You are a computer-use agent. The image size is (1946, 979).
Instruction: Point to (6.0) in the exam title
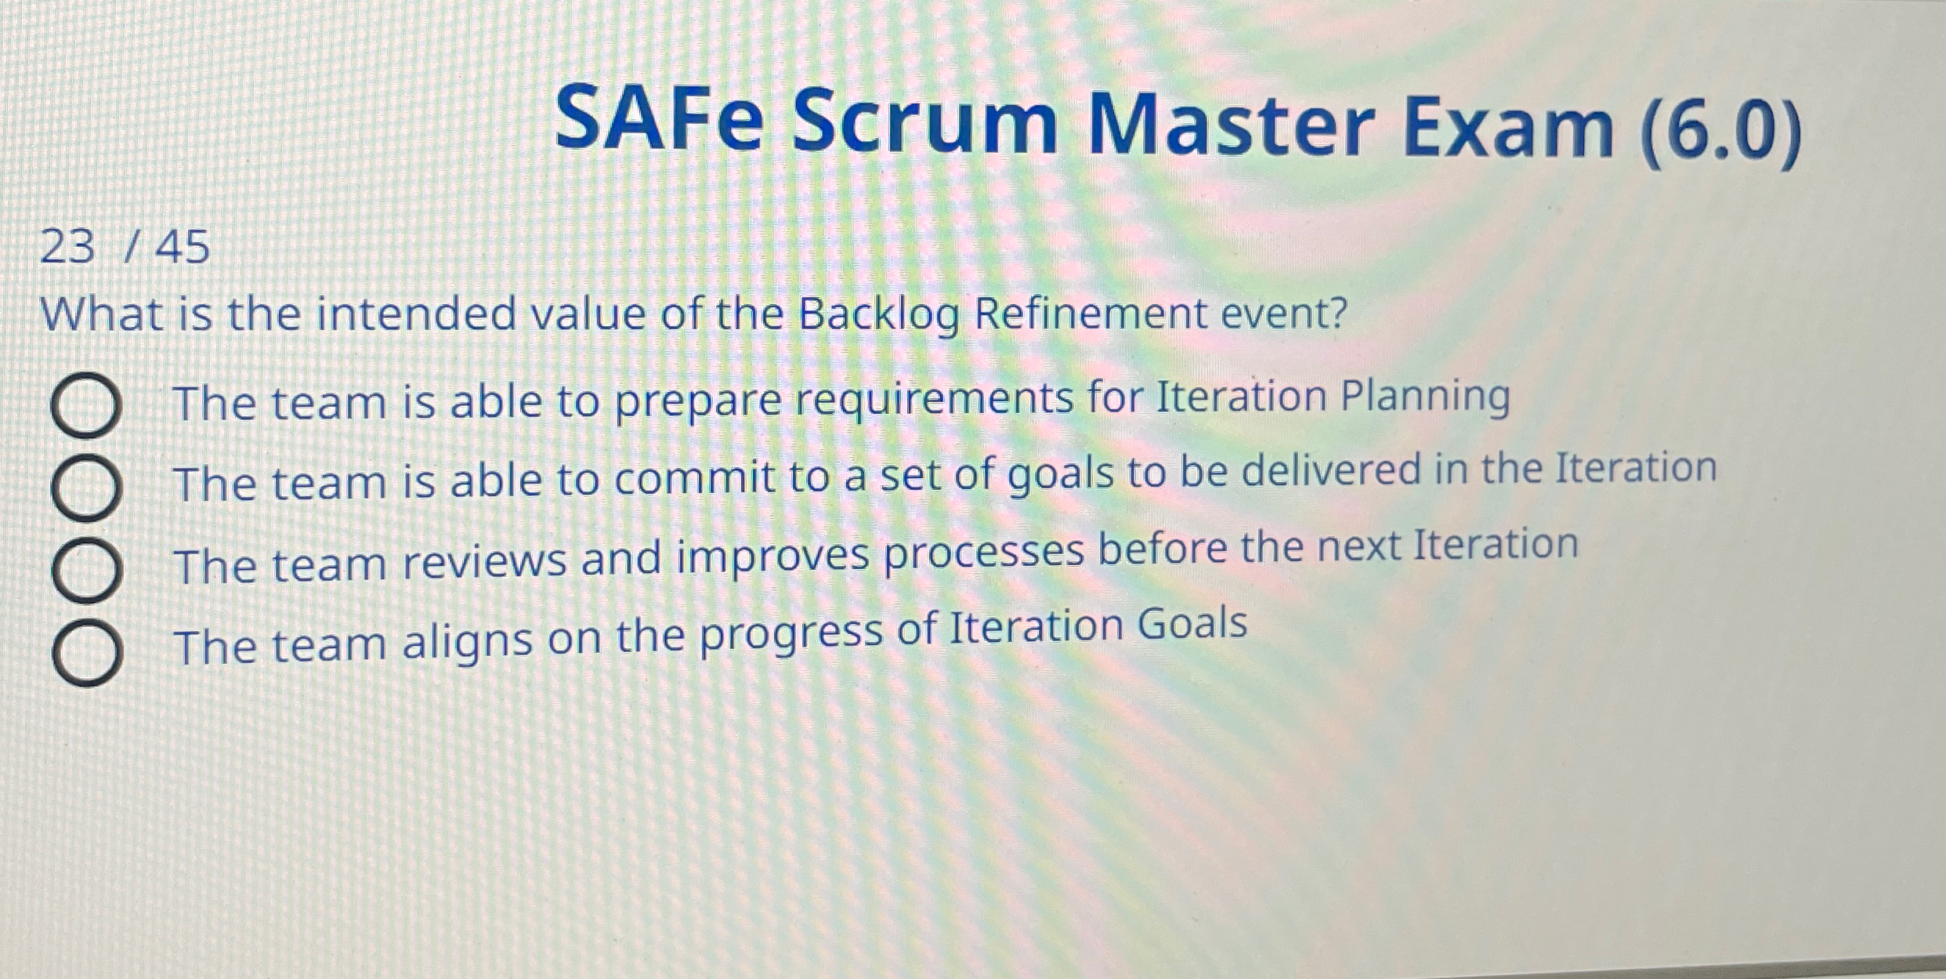pos(1720,129)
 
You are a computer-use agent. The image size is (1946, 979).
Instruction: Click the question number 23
pos(67,247)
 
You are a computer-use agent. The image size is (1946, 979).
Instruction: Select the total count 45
pos(183,247)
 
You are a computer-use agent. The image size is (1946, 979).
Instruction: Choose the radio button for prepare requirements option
pos(85,405)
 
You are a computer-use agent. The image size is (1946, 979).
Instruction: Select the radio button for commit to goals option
pos(86,487)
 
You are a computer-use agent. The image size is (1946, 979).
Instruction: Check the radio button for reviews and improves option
pos(86,570)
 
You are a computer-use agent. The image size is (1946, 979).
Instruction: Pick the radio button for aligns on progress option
pos(86,653)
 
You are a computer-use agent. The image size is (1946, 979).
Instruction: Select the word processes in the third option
pos(984,553)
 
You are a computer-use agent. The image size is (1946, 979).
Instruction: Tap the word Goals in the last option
pos(1192,625)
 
